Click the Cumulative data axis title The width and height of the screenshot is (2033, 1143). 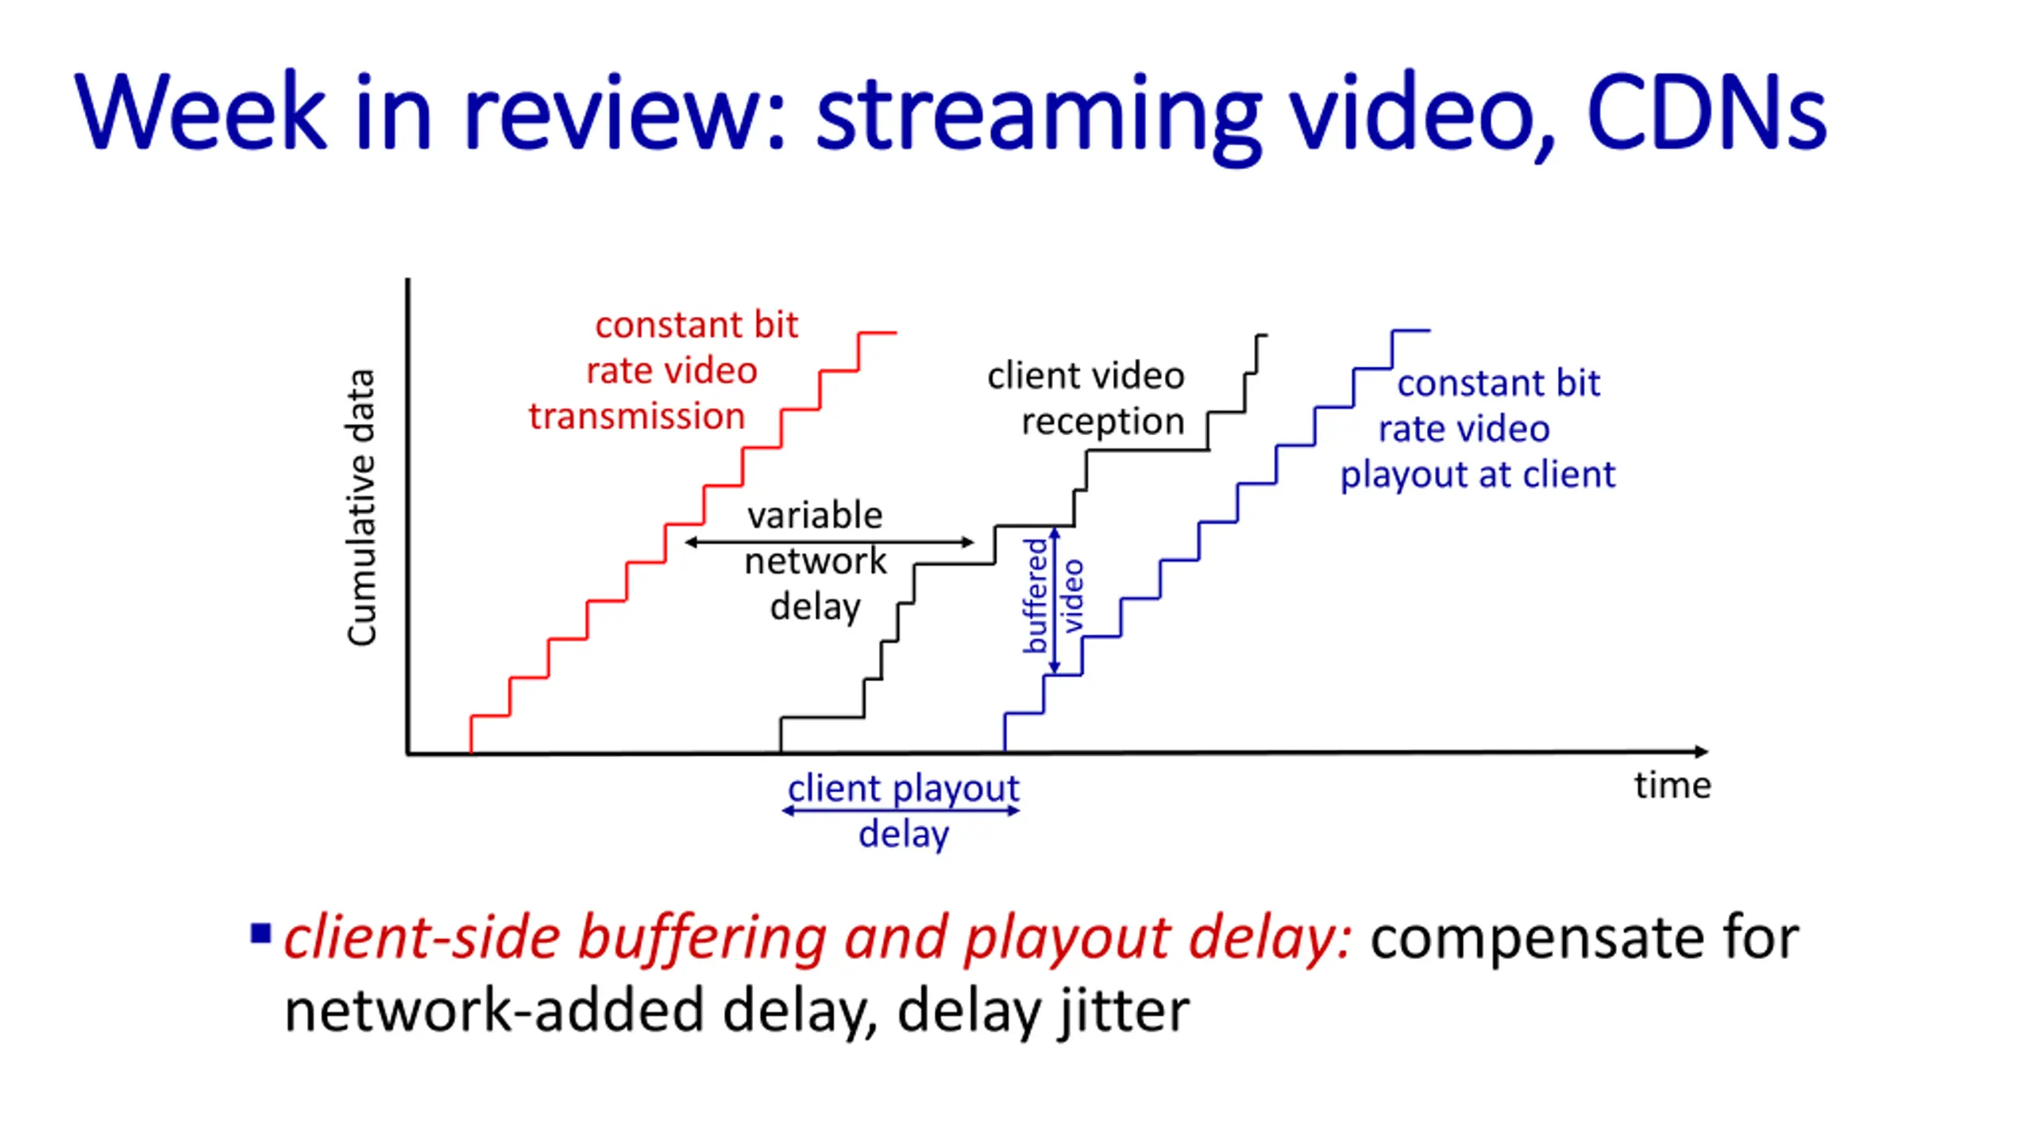point(361,508)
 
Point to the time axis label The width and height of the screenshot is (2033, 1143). point(1672,786)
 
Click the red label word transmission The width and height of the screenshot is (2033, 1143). point(637,417)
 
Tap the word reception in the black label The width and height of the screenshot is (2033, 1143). point(1102,421)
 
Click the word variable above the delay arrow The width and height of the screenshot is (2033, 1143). point(815,515)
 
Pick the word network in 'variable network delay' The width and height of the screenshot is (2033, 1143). point(815,561)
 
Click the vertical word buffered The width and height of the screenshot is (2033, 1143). point(1035,595)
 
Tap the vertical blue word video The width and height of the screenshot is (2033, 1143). point(1073,595)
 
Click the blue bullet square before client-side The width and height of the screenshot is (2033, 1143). point(260,933)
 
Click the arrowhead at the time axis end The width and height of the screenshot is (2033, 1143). point(1701,751)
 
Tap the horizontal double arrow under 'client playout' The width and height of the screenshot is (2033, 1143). point(901,810)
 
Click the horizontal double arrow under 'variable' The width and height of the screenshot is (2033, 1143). point(829,542)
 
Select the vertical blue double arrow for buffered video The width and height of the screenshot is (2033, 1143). point(1055,601)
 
